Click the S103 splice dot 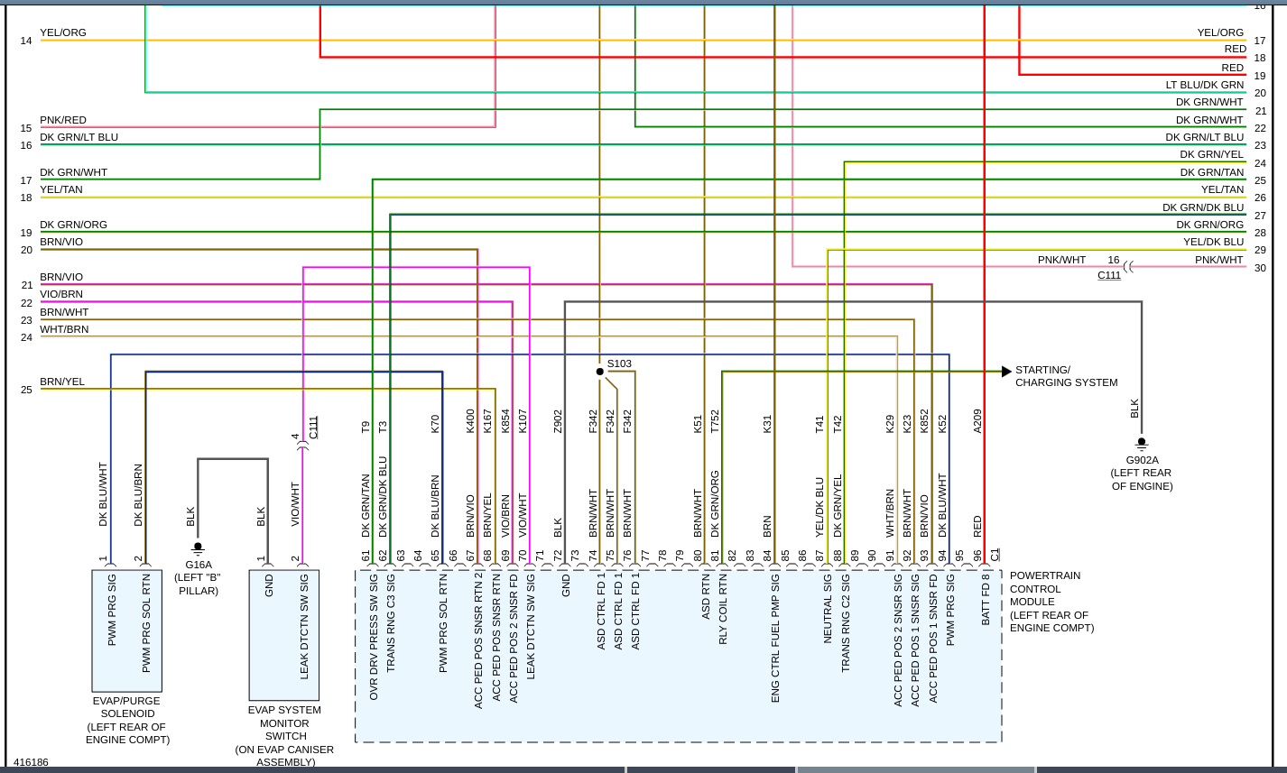[x=599, y=372]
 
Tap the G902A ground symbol [x=1142, y=444]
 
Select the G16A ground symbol [x=198, y=548]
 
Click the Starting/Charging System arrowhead [x=1006, y=372]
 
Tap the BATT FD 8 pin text [x=986, y=599]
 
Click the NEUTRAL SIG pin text [x=828, y=609]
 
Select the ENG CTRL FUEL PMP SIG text [x=775, y=638]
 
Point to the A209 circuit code [x=977, y=421]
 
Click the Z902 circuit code [x=558, y=421]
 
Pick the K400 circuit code [x=470, y=421]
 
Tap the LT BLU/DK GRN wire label [x=1204, y=85]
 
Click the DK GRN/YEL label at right [x=1211, y=154]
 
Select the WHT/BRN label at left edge [x=64, y=329]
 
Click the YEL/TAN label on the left [x=61, y=189]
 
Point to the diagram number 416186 [x=31, y=762]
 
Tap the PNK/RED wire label [x=63, y=120]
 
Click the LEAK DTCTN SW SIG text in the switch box [x=304, y=627]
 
